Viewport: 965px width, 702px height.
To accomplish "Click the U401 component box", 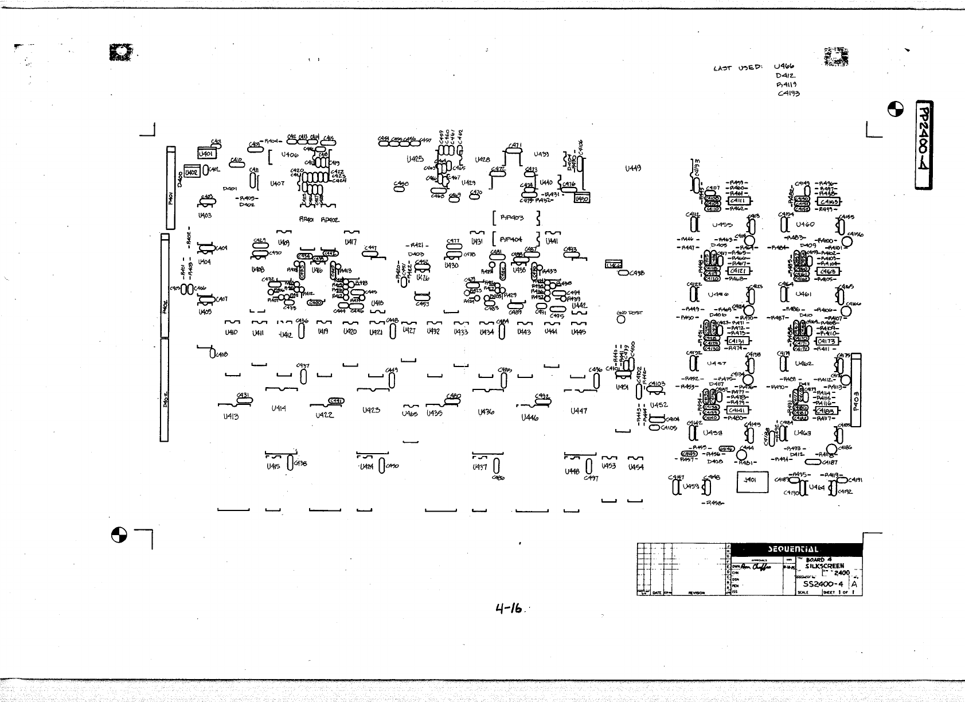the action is click(x=206, y=154).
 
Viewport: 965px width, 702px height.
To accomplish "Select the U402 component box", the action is click(x=191, y=172).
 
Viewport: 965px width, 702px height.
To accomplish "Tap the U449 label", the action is click(x=633, y=169).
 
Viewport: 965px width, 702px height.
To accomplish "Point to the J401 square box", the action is click(x=752, y=482).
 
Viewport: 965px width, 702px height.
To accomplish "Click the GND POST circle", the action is click(x=620, y=319).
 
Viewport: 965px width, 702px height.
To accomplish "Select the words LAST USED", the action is click(x=737, y=69).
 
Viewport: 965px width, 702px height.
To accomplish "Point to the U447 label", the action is click(x=579, y=411).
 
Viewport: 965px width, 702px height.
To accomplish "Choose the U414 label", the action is click(x=279, y=409).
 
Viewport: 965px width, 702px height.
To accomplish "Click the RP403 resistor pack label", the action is click(x=512, y=218).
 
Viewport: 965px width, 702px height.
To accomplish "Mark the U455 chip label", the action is click(x=722, y=225).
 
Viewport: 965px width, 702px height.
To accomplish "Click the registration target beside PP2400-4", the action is click(x=896, y=109).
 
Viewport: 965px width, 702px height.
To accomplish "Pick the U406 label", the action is click(x=290, y=155).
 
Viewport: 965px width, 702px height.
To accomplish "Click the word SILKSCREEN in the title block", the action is click(x=825, y=565).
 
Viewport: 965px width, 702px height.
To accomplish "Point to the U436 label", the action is click(x=485, y=412).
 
